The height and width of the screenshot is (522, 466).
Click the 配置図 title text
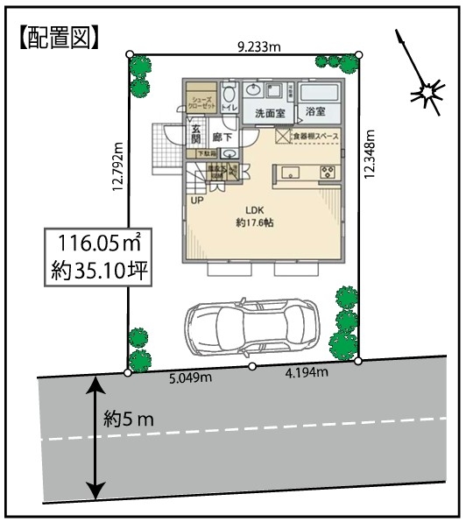[x=57, y=36]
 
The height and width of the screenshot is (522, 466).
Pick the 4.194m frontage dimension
[x=307, y=373]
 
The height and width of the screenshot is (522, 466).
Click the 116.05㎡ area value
[x=98, y=243]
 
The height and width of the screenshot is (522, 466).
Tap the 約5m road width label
[x=129, y=419]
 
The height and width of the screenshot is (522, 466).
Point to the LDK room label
[x=255, y=209]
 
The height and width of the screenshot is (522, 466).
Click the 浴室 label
[x=316, y=112]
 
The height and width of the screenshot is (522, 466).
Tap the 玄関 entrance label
[x=195, y=136]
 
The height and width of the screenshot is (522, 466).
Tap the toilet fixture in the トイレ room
[x=228, y=92]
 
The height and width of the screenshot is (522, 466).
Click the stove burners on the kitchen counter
[x=329, y=170]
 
